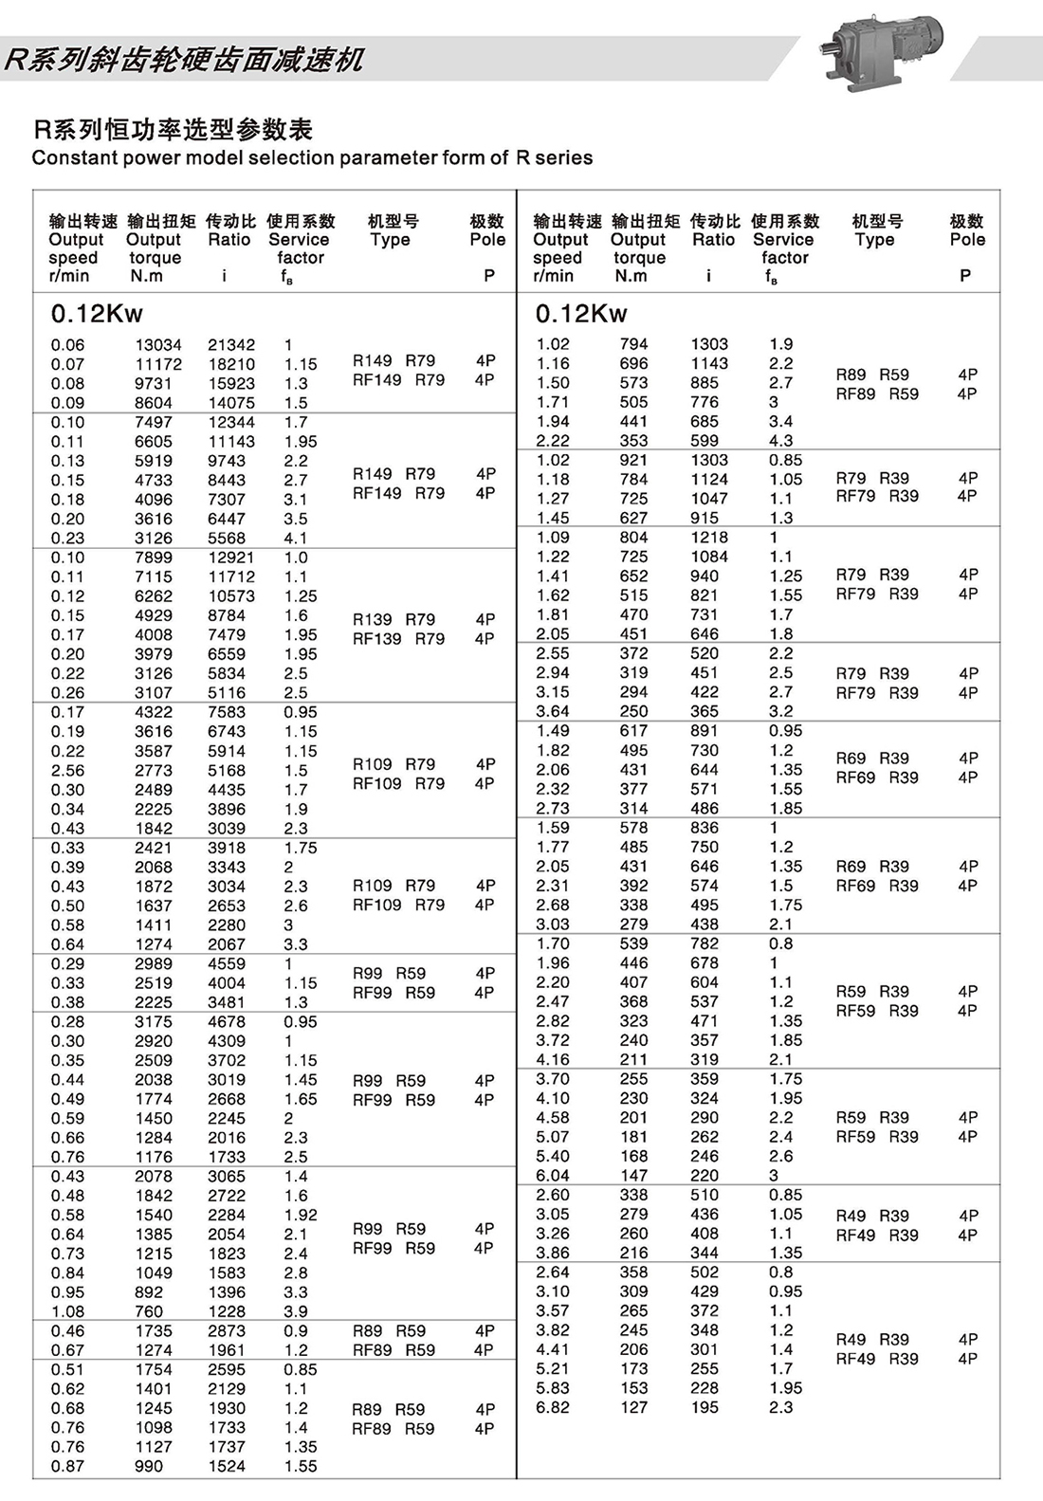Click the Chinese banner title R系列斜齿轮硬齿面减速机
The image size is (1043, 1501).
[184, 60]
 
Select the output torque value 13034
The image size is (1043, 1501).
[157, 345]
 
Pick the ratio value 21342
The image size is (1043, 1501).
[231, 345]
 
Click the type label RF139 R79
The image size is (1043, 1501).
[398, 639]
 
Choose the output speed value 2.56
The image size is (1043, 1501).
[67, 771]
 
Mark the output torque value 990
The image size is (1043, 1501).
[148, 1466]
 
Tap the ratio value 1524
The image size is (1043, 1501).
[227, 1466]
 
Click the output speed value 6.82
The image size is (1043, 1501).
[553, 1407]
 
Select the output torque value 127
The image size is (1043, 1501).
[633, 1407]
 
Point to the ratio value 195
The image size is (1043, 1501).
[704, 1407]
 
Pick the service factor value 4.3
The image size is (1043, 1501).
[780, 441]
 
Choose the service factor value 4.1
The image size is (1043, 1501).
[296, 538]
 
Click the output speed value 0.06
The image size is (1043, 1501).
[67, 345]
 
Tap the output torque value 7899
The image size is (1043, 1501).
[154, 558]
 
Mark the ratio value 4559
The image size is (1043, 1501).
[227, 963]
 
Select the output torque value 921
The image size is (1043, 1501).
[633, 460]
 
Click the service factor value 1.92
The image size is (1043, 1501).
[301, 1215]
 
